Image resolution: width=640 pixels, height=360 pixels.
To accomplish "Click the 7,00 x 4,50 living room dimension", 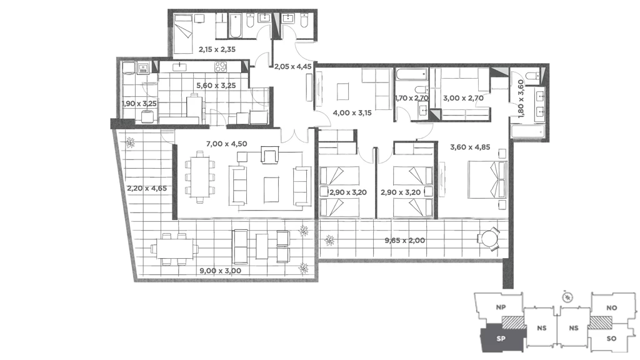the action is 226,144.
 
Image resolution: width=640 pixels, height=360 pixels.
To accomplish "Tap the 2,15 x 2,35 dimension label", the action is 217,49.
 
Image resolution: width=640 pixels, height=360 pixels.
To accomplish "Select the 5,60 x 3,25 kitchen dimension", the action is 216,86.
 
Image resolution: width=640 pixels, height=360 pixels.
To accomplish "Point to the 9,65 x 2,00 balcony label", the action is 404,241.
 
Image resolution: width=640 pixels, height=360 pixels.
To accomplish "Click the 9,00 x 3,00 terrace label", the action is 221,271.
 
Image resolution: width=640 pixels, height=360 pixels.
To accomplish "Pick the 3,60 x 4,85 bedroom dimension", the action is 470,147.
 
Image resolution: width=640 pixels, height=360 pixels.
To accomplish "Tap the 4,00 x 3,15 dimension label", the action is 352,112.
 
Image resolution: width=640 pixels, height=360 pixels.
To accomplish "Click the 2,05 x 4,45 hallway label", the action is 292,66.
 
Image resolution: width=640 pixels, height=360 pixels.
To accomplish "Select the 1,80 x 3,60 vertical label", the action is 521,99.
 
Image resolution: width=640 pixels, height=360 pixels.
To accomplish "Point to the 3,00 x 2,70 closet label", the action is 463,98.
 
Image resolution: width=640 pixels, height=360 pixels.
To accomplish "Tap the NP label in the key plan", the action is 501,307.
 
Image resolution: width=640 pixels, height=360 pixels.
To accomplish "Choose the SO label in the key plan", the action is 611,338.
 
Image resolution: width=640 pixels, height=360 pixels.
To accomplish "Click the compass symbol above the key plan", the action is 567,297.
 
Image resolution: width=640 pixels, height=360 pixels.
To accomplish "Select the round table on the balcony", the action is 489,238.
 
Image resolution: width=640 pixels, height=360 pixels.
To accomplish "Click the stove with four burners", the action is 221,67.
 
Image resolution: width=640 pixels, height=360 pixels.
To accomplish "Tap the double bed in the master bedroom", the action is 487,180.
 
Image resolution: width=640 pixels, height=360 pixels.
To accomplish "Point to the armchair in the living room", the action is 270,157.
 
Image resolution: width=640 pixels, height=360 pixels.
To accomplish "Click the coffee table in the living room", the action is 271,189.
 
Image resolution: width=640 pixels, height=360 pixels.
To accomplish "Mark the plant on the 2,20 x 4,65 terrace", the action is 130,142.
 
